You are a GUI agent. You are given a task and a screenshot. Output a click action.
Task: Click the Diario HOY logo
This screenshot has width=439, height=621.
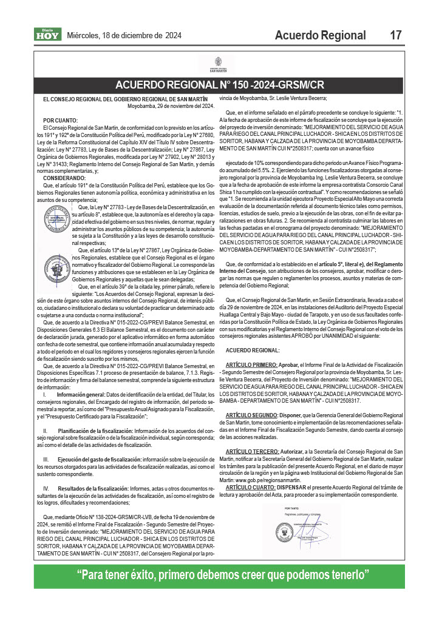pos(47,35)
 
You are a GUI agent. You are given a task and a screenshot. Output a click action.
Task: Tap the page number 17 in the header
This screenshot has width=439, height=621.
pos(396,35)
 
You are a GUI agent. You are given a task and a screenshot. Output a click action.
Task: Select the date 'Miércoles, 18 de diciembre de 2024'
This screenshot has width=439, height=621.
pos(124,35)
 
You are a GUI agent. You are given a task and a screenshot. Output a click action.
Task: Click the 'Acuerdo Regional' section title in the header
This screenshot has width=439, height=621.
pos(320,35)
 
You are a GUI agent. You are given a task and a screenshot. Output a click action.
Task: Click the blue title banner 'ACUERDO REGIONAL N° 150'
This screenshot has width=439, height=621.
pos(220,84)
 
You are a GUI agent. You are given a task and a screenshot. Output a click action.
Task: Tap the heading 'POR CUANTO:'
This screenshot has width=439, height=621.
pos(60,121)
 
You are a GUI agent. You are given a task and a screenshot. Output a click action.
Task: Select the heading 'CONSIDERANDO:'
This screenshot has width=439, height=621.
pos(64,161)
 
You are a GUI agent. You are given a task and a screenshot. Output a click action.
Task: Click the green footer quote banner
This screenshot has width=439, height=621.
pos(220,574)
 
